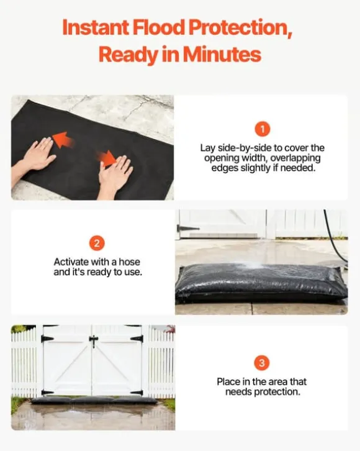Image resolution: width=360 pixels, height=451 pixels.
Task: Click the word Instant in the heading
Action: [96, 27]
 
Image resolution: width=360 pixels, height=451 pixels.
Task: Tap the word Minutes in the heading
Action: [222, 54]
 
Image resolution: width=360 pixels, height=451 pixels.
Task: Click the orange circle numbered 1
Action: [263, 129]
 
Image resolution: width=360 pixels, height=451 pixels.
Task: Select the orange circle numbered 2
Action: [97, 244]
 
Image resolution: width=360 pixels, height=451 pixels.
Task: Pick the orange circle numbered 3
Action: [262, 363]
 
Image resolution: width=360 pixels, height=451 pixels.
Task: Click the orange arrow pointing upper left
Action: [63, 140]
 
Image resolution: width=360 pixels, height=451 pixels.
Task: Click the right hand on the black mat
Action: [114, 176]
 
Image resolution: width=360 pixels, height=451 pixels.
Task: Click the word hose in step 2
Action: [129, 262]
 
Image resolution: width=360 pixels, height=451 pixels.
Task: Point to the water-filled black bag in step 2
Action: [261, 283]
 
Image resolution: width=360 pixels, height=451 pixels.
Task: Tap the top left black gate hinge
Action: [47, 339]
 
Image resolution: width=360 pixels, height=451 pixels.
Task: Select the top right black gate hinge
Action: [137, 339]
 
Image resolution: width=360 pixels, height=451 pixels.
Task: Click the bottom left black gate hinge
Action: [47, 393]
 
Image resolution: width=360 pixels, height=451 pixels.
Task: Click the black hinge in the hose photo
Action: [187, 229]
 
